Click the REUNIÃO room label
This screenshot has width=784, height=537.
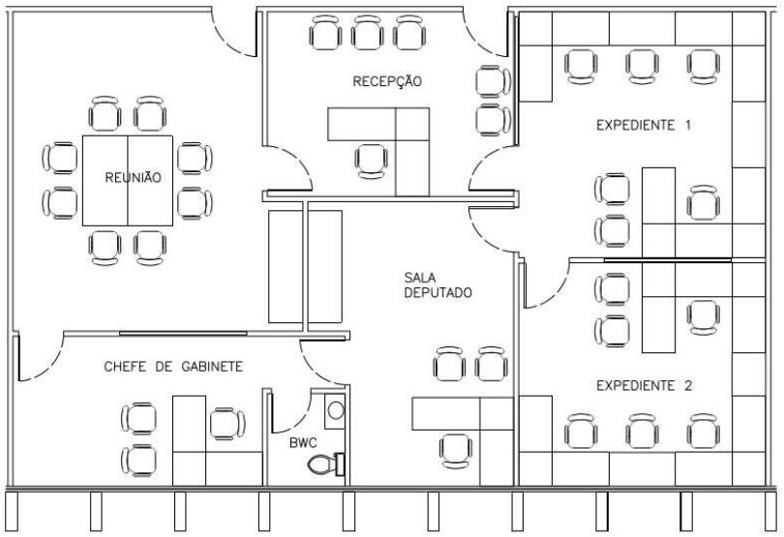click(133, 177)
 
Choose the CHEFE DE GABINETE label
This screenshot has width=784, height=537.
click(172, 367)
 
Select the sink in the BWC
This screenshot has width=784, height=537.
click(335, 410)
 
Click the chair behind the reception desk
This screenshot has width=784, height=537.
click(370, 160)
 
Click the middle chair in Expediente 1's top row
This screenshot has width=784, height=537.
click(641, 65)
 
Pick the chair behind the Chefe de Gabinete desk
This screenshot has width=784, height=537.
click(226, 423)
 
